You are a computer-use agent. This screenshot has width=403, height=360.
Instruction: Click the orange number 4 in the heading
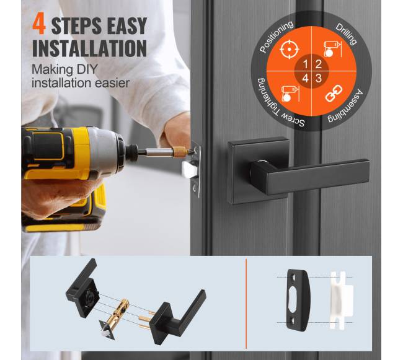pyautogui.click(x=39, y=25)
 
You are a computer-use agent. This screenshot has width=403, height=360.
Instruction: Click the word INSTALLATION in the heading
pyautogui.click(x=89, y=48)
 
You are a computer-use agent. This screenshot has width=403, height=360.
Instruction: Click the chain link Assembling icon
pyautogui.click(x=334, y=94)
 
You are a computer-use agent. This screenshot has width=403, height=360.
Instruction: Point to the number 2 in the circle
pyautogui.click(x=318, y=64)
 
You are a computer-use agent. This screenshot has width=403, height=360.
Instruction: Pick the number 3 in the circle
pyautogui.click(x=319, y=78)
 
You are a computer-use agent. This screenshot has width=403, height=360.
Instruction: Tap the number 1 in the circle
pyautogui.click(x=305, y=64)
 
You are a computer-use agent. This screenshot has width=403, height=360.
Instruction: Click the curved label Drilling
pyautogui.click(x=346, y=33)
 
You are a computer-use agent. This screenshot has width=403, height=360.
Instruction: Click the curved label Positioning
pyautogui.click(x=275, y=35)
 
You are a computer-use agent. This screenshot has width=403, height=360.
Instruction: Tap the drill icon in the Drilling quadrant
pyautogui.click(x=332, y=49)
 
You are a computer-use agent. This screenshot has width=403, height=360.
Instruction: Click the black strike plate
pyautogui.click(x=298, y=300)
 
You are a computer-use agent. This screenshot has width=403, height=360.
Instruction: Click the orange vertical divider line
pyautogui.click(x=246, y=304)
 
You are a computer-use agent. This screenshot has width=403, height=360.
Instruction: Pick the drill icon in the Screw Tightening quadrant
pyautogui.click(x=290, y=94)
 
